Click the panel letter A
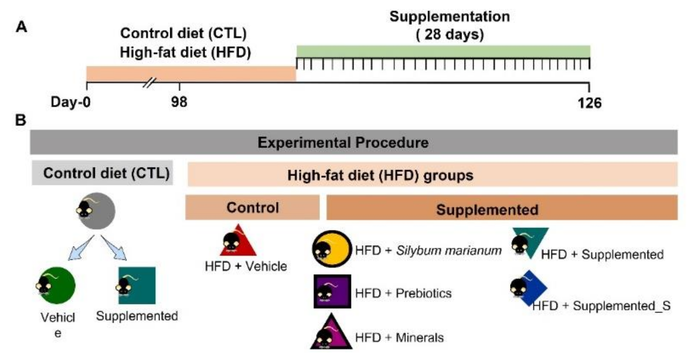coord(21,27)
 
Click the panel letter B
coord(21,120)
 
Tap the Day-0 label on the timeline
coord(71,102)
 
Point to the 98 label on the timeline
coord(179,102)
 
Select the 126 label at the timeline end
coord(589,103)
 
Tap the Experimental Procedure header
coord(343,142)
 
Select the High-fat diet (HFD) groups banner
coord(380,175)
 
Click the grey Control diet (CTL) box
coord(103,173)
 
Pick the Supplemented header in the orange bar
coord(487,209)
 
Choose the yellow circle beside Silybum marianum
coord(332,249)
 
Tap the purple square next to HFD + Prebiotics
coord(332,291)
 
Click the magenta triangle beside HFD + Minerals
coord(331,334)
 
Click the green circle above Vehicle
coord(57,285)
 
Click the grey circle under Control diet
coord(97,211)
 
